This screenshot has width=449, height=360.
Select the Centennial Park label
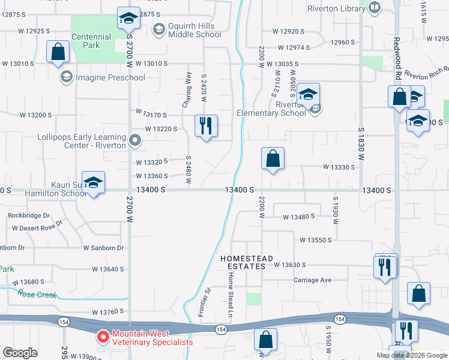pos(91,41)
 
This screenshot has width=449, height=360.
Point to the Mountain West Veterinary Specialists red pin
pos(103,337)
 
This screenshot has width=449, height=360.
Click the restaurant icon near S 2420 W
pos(206,127)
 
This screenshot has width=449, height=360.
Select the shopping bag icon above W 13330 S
pos(273,159)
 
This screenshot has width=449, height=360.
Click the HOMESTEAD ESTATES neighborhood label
pos(247,262)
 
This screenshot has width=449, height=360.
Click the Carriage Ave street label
pos(312,280)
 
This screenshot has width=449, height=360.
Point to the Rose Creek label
pos(37,294)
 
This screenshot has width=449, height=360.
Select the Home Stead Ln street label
pos(230,294)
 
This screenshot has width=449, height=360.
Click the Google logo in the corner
pos(20,353)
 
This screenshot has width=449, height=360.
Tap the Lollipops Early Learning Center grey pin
pos(135,142)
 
